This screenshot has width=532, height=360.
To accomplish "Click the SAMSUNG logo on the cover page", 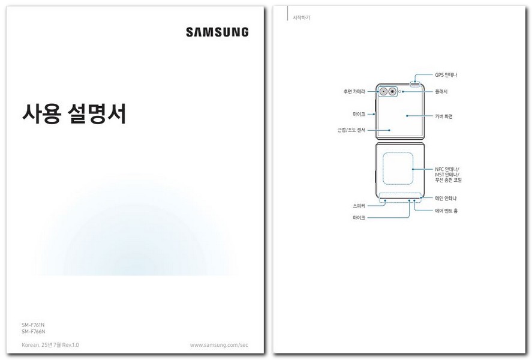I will pos(217,32).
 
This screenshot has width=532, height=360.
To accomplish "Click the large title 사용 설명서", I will pos(74,113).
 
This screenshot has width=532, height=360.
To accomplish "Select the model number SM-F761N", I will pos(34,325).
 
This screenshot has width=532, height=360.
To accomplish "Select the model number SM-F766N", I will pos(34,331).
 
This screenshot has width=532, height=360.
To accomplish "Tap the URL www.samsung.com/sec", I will pos(219,345).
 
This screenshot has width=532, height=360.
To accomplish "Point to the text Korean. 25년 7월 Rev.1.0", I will pos(50,345).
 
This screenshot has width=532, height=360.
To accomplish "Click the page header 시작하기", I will pos(301,18).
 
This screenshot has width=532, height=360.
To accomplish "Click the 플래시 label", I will pos(441,92).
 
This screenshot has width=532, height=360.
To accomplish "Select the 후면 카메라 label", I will pos(353,92).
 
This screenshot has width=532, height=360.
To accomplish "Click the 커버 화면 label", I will pos(444,116).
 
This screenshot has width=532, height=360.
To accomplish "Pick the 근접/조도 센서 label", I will pos(351,130).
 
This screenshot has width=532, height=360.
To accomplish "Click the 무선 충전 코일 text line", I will pos(448,180).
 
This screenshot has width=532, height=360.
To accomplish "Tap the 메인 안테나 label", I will pos(446,198).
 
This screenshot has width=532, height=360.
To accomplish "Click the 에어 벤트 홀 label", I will pos(446,211).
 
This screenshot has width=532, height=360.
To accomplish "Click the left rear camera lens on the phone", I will pos(383,92).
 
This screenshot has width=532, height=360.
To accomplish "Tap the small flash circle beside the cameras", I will pos(400,92).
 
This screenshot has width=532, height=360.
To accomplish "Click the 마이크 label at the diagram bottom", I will pos(359,218).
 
